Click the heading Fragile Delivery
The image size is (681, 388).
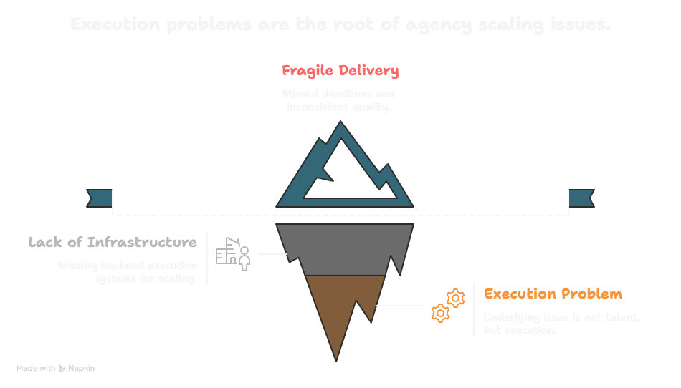click(x=340, y=71)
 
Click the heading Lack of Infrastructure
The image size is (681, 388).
click(x=113, y=243)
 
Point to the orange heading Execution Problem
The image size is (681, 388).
click(x=553, y=294)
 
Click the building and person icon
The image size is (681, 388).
click(x=234, y=253)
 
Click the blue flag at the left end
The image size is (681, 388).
click(x=100, y=197)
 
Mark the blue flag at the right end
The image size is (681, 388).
click(x=581, y=197)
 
